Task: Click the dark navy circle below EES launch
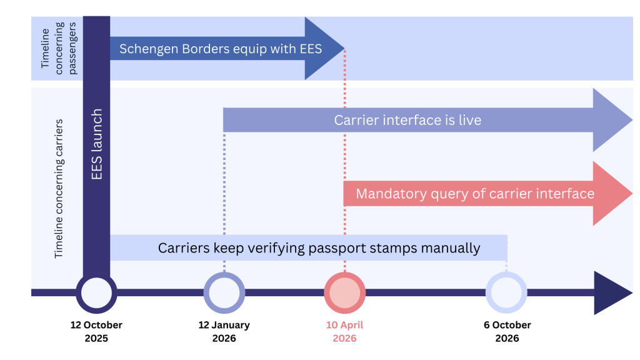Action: pos(96,292)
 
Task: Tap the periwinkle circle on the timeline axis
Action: pos(224,292)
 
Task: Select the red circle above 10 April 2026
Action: pos(344,292)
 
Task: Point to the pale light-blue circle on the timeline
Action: pos(506,292)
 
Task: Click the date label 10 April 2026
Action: pos(344,332)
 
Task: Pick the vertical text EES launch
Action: pos(97,144)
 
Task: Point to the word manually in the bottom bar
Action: pos(449,248)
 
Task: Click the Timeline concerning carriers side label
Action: pos(59,187)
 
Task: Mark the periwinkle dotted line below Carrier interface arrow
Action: pos(224,200)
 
